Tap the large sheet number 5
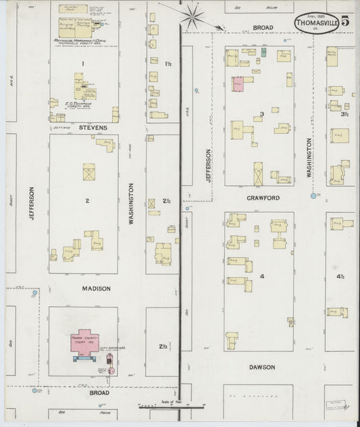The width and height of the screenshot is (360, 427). coord(345,20)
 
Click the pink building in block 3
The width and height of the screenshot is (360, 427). coord(238,84)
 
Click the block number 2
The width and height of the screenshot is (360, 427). coord(86,201)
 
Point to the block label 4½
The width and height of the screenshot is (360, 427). coord(341,276)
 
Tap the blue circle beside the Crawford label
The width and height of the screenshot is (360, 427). coord(313,196)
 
